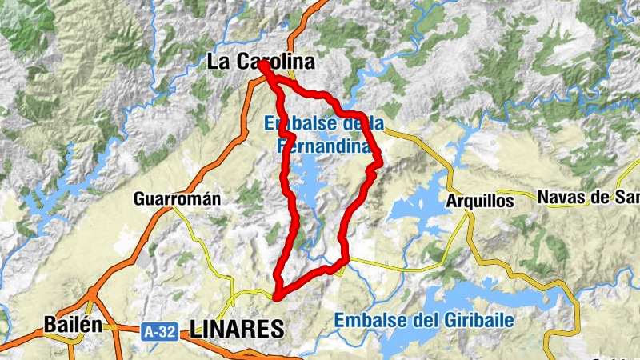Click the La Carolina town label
coord(260,62)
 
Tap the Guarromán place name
coord(177,198)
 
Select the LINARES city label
coord(238,328)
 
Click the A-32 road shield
coord(159,329)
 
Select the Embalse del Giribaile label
coord(424,320)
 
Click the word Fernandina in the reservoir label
coord(324,146)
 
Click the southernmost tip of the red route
coord(277,298)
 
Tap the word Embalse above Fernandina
coord(291,123)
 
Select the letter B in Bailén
coord(50,325)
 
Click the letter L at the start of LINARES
coord(195,328)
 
